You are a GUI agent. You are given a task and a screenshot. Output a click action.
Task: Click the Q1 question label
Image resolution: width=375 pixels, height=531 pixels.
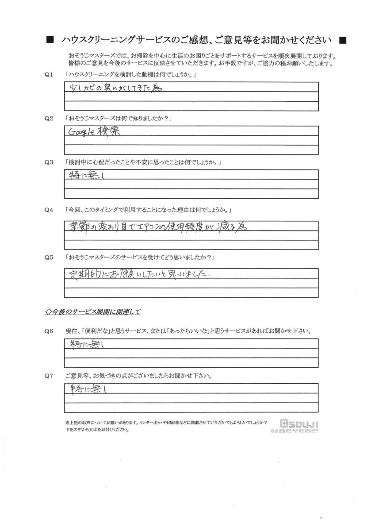[x=50, y=76]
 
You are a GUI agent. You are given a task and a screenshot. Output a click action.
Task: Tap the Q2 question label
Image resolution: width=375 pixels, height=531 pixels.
[x=50, y=119]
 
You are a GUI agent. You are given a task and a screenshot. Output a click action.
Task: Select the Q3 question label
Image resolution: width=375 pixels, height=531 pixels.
[x=50, y=162]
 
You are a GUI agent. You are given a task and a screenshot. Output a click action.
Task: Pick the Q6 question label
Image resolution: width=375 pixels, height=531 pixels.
[x=50, y=331]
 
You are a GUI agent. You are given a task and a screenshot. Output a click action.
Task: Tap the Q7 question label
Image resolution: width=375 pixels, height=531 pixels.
[x=50, y=377]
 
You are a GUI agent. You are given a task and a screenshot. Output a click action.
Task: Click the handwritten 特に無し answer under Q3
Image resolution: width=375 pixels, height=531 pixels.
[x=84, y=175]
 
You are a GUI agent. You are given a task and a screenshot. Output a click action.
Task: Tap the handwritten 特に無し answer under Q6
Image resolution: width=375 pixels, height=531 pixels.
[x=84, y=344]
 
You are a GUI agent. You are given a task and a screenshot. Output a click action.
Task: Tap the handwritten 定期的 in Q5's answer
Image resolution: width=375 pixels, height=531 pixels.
[x=87, y=274]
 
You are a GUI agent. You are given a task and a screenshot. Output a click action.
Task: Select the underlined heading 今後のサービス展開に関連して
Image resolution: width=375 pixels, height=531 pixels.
[x=93, y=312]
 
